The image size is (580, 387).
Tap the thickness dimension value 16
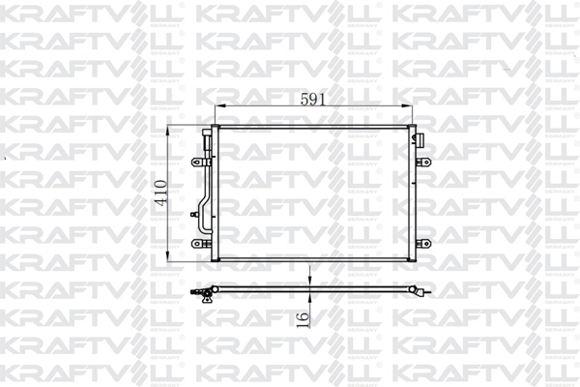tap(302, 316)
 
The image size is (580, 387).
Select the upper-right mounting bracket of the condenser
tap(421, 163)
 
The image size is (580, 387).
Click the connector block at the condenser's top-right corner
tap(421, 141)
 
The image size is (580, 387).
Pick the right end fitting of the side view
tap(421, 291)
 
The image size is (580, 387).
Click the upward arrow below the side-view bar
tap(308, 297)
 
